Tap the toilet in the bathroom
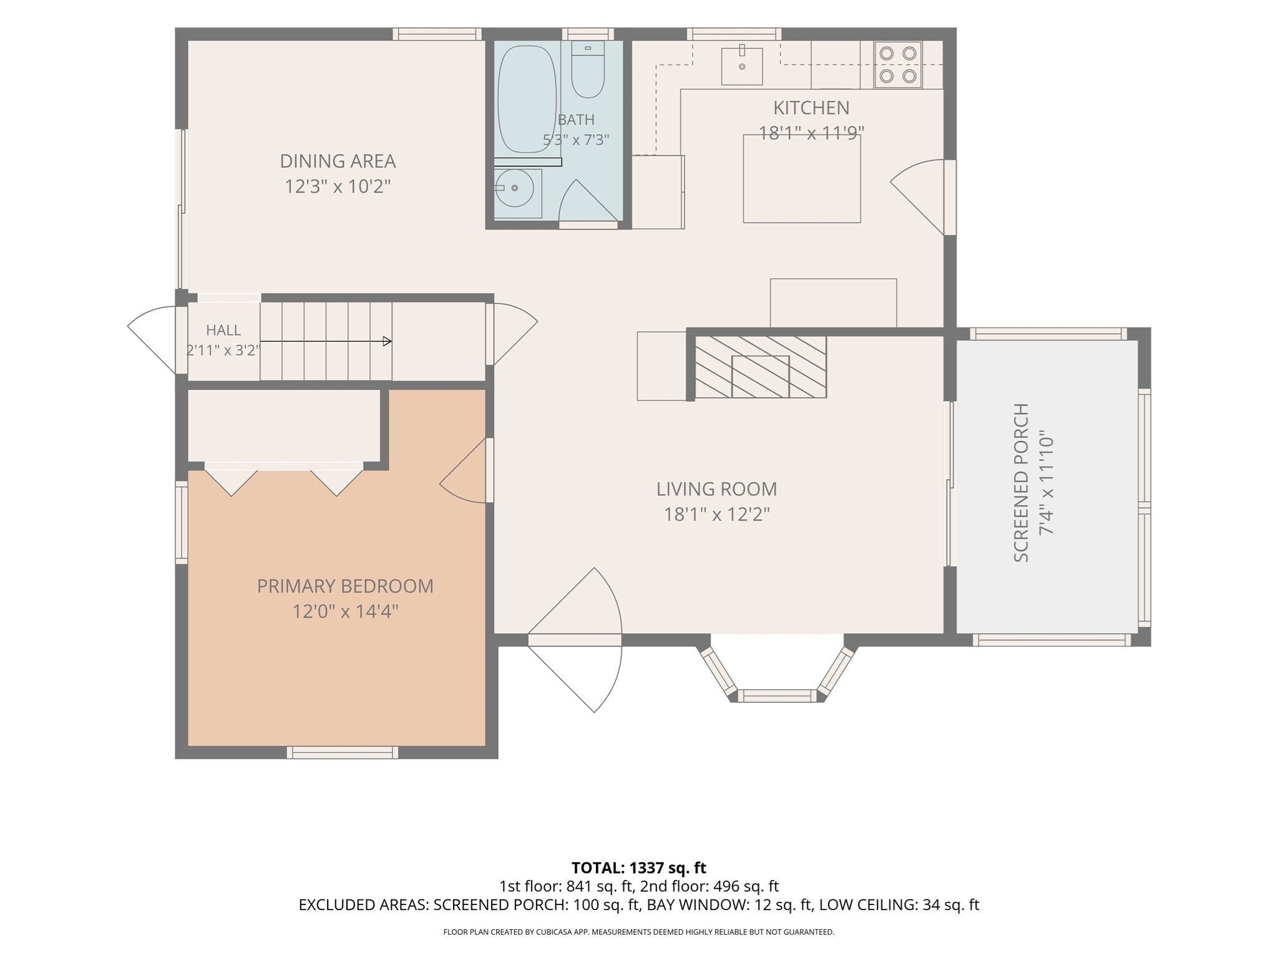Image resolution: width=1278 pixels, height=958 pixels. click(588, 69)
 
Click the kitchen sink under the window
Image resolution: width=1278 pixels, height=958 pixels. click(742, 65)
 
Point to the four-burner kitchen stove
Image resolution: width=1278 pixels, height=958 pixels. click(899, 65)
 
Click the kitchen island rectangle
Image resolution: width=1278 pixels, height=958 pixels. click(802, 178)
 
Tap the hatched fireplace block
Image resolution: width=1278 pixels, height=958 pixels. click(761, 367)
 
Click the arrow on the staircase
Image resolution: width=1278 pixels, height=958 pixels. click(326, 341)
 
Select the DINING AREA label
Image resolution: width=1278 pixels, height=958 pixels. click(338, 161)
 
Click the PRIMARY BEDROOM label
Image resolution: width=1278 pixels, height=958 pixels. click(345, 586)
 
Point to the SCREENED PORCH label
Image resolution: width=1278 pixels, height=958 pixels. click(1021, 483)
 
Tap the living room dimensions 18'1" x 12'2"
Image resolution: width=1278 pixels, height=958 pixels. click(716, 515)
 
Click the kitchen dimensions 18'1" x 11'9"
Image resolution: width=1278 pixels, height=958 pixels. click(811, 133)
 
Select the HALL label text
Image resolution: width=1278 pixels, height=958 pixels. click(223, 330)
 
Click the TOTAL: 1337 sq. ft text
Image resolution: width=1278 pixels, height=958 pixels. click(639, 868)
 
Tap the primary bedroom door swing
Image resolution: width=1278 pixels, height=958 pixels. click(463, 470)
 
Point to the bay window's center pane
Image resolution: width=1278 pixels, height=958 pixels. click(778, 695)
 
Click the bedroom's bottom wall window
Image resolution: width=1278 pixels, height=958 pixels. click(343, 752)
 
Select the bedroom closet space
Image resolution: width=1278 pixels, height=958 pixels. click(284, 425)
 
